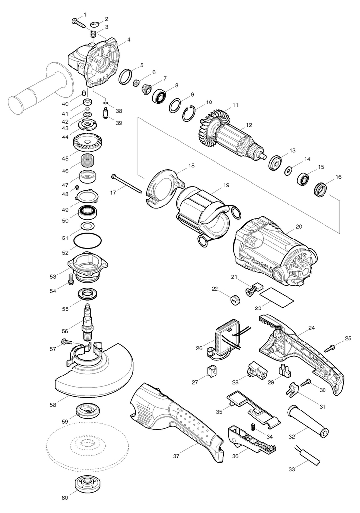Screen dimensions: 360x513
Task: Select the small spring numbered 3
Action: [x=93, y=34]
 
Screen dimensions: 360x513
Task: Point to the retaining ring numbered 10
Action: [x=189, y=113]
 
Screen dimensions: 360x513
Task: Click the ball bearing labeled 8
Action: [x=160, y=96]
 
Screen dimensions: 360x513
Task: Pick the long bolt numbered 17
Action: [x=127, y=183]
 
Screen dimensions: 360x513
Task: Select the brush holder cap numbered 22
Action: [x=235, y=299]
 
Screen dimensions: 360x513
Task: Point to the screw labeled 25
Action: [x=331, y=348]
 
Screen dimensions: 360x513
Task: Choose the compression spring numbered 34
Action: [x=252, y=427]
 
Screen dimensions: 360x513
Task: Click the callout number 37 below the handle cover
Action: [x=176, y=456]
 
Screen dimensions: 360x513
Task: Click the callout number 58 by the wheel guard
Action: [x=53, y=405]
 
